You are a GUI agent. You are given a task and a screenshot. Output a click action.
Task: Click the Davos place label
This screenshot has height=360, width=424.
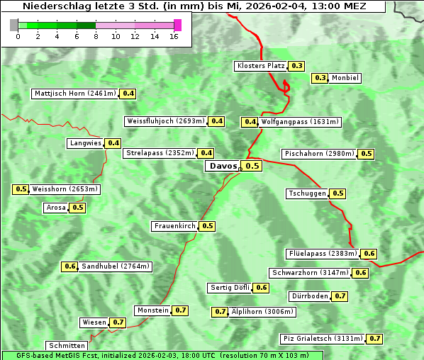coord(223,166)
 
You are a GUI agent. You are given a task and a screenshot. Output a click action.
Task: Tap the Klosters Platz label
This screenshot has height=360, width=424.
coord(261,66)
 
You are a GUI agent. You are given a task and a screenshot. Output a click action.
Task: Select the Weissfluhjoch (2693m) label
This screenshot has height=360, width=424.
coord(165,121)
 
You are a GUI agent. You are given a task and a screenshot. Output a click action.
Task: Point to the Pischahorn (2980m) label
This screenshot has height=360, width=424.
coord(318,154)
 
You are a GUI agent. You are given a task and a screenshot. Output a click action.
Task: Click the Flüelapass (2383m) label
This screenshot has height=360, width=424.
coord(322,254)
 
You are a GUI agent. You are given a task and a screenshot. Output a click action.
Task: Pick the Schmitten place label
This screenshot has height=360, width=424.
coord(67,346)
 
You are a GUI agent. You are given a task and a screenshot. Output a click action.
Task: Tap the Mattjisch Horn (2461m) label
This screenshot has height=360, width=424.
coord(74,94)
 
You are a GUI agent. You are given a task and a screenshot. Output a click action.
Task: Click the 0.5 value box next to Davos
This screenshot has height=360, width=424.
coord(252,166)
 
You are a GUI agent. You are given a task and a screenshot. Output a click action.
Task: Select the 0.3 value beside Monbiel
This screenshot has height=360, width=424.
coord(320,78)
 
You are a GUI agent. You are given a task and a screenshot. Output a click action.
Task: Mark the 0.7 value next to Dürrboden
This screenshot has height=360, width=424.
coord(340,296)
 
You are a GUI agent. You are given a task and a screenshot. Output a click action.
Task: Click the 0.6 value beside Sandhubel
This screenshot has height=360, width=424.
coord(69,266)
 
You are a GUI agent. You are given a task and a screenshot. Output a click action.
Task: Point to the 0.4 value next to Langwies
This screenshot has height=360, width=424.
coord(113,143)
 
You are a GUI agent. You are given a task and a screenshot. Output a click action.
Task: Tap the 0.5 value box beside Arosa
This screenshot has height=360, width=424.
coord(77,208)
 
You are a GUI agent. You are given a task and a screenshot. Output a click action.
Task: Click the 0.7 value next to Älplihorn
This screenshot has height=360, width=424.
coord(221,312)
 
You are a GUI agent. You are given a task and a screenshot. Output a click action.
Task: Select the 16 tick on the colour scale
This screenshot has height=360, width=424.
coord(174,37)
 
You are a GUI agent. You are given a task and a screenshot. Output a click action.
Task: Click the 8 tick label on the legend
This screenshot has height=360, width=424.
coord(96,37)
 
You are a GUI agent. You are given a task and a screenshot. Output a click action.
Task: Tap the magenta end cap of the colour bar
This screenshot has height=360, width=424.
coord(177,25)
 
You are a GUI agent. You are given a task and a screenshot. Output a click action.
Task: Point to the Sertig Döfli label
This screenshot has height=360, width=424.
coord(230,288)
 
